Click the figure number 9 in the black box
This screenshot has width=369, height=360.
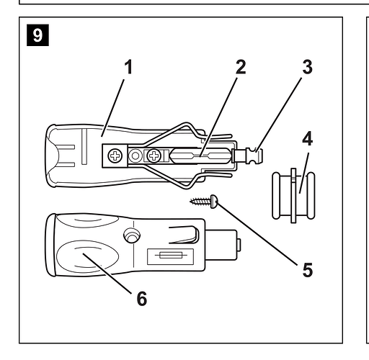[37, 35]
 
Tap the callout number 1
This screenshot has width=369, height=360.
[128, 67]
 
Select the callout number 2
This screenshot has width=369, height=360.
[241, 67]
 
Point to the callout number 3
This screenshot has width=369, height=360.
[307, 67]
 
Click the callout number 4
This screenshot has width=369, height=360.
[308, 138]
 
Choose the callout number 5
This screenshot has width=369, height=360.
[308, 270]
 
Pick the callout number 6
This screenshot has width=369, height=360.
[142, 298]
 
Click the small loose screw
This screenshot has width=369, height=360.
[204, 202]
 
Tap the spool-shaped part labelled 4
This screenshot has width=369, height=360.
[293, 196]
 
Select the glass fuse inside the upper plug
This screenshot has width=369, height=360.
[200, 156]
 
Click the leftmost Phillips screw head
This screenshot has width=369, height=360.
[115, 156]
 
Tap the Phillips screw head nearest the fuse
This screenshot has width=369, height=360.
[154, 156]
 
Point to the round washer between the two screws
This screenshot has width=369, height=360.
[135, 156]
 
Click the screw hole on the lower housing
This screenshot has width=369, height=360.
[132, 235]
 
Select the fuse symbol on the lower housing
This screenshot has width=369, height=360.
[170, 256]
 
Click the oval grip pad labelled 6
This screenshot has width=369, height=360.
[87, 256]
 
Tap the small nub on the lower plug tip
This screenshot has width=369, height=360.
[239, 245]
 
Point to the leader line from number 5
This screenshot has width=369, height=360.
[257, 234]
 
